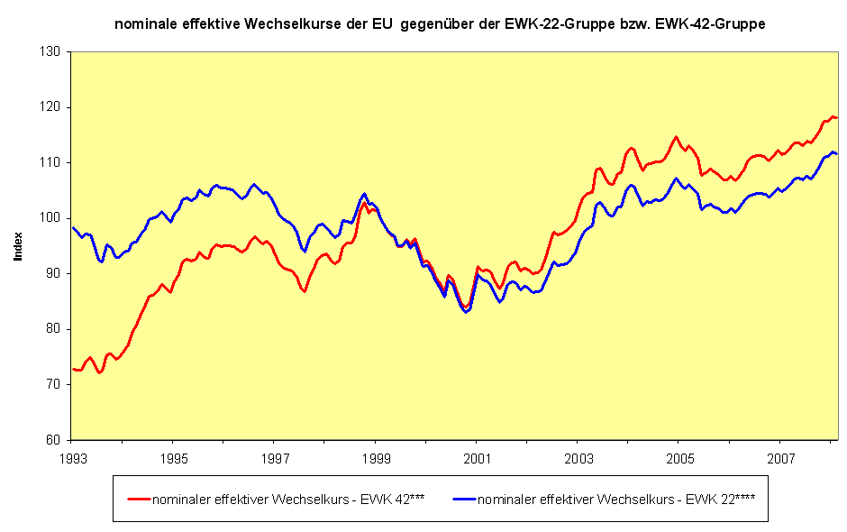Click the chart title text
point(440,24)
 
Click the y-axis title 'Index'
point(18,245)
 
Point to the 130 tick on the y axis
point(51,52)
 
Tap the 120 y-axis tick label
point(51,107)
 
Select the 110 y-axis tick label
point(51,163)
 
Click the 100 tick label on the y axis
point(51,218)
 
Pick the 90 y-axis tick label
point(54,274)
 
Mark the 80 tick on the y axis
point(54,329)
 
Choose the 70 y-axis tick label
point(54,385)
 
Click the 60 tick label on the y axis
point(54,440)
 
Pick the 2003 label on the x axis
point(578,457)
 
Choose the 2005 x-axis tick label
point(679,457)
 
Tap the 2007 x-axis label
point(780,457)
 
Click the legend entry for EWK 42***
point(271,498)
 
